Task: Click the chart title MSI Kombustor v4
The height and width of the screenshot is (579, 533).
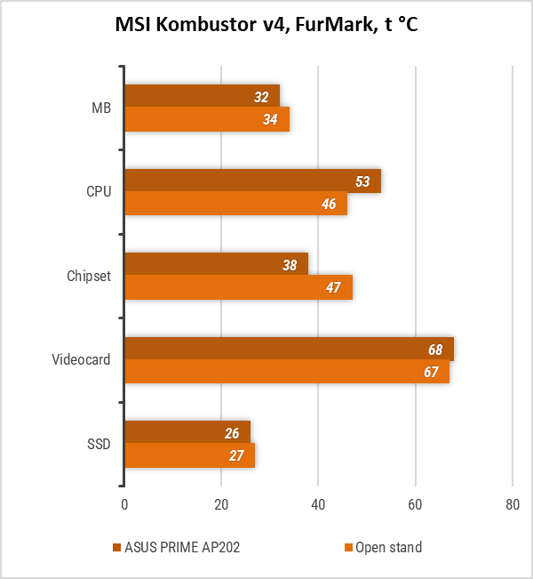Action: coord(266,26)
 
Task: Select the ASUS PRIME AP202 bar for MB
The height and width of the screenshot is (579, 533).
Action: coord(202,96)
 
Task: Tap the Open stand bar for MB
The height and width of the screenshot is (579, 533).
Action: coord(206,119)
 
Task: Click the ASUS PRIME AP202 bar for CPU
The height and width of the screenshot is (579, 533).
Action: coord(252,181)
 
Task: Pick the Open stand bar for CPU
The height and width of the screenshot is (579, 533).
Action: coord(235,204)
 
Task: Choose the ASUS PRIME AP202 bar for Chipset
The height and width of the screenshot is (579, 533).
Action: coord(216,264)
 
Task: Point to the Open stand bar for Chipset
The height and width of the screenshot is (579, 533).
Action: coord(238,287)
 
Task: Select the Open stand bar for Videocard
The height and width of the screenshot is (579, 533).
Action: coord(286,372)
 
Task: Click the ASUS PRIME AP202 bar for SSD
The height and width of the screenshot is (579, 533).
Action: coord(187,432)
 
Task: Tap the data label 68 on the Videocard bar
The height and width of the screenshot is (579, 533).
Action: coord(435,349)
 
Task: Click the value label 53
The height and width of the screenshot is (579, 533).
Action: coord(362,181)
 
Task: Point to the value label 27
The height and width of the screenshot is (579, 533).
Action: coord(236,456)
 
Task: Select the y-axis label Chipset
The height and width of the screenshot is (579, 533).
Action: coord(89,276)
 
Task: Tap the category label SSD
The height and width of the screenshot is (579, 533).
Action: coord(99,444)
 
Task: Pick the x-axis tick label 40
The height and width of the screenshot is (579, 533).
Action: coord(318,504)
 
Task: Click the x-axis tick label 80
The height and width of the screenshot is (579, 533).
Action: coord(512,504)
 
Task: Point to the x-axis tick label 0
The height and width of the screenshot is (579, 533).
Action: coord(124,504)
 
